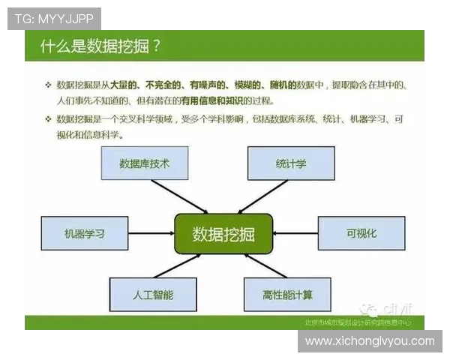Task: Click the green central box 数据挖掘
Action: tap(223, 234)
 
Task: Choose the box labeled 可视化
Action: tap(361, 233)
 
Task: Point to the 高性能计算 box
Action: tap(287, 295)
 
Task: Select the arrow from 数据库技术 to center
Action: tap(180, 196)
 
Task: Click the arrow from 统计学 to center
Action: tap(262, 196)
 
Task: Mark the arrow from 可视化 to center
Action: tap(296, 234)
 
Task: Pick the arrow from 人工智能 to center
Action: tap(178, 265)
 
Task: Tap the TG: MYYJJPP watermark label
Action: tap(54, 19)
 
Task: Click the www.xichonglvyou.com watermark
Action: tap(370, 341)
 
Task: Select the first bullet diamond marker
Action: tap(48, 85)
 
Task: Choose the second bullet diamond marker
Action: tap(48, 119)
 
